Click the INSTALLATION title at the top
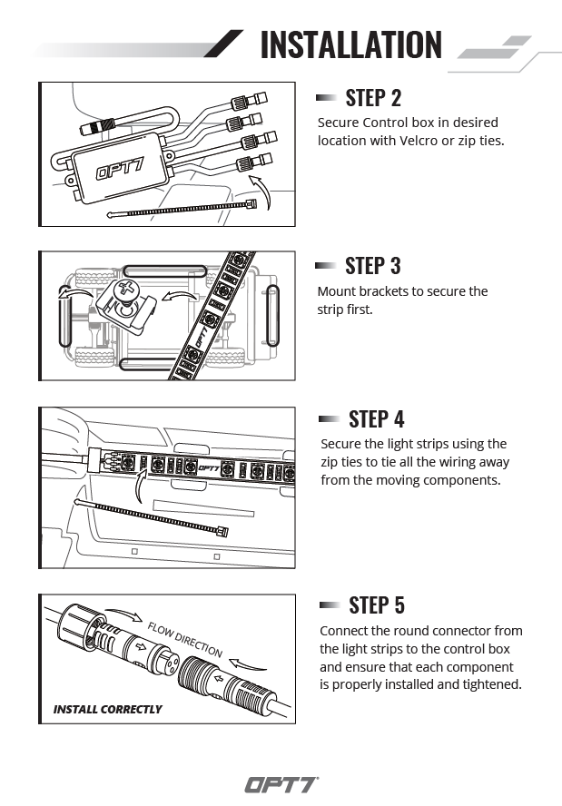click(x=350, y=44)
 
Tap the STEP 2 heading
click(x=373, y=97)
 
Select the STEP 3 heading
click(x=373, y=266)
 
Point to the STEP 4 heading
click(x=376, y=418)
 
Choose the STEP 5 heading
click(x=376, y=605)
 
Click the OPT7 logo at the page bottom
click(x=281, y=785)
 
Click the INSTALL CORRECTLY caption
click(x=107, y=709)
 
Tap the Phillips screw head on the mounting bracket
click(x=123, y=292)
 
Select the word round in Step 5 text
click(x=426, y=631)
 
